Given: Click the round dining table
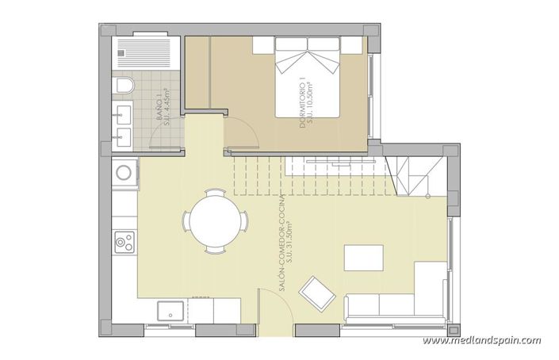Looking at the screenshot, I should [215, 220].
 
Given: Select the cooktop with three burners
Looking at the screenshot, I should [124, 240].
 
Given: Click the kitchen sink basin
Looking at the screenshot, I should [170, 310].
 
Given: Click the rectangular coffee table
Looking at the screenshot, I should [362, 259].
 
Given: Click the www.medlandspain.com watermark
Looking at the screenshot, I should [481, 341].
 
